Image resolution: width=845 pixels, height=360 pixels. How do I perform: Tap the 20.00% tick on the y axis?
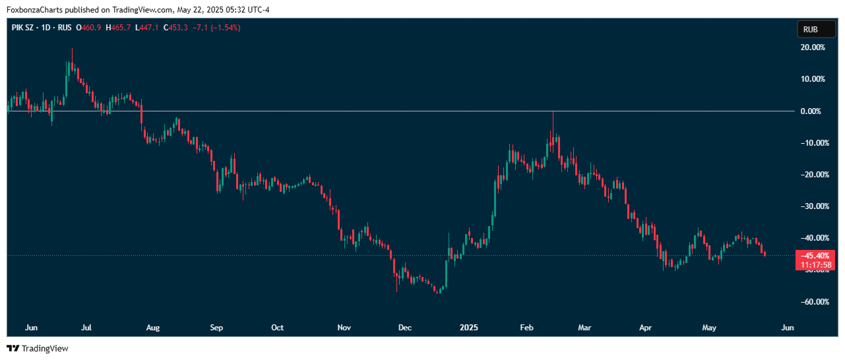click(813, 47)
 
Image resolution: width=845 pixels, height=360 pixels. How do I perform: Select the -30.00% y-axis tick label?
click(812, 206)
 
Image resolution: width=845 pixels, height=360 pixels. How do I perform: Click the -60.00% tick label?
click(812, 301)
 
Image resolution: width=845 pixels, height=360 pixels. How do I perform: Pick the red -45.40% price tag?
click(817, 255)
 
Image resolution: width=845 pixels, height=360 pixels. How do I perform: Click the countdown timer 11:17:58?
click(817, 265)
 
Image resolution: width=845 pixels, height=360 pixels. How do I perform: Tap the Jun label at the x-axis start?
click(30, 328)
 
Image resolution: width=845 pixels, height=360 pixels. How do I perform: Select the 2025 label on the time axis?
click(469, 328)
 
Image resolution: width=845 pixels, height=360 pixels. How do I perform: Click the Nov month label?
click(344, 328)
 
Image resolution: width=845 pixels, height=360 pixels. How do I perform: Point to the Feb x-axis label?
click(526, 328)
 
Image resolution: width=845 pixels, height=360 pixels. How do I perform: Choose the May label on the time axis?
click(709, 328)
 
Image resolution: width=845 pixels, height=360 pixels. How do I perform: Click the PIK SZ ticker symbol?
click(24, 28)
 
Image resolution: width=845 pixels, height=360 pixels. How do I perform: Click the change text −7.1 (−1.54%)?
click(215, 28)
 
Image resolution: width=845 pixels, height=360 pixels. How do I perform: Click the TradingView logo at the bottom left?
click(38, 348)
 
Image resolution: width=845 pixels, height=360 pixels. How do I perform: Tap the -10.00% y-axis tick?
click(812, 142)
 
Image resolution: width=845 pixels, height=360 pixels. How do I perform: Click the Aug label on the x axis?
click(153, 328)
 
